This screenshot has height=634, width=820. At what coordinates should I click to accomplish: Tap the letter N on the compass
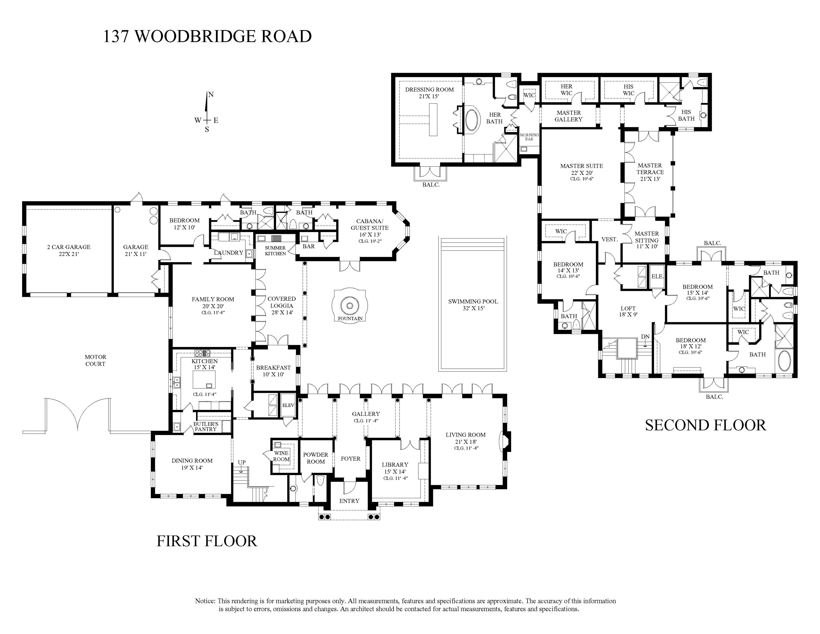(x=211, y=95)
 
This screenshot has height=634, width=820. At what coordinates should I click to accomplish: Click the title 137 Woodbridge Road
(x=207, y=36)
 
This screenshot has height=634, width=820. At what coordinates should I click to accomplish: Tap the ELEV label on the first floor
(x=288, y=405)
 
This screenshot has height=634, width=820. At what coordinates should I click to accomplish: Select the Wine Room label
(x=281, y=456)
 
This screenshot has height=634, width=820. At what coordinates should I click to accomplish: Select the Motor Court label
(x=95, y=360)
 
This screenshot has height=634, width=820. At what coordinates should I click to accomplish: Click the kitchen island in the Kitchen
(x=204, y=379)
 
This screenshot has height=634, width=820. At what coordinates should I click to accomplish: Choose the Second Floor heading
(x=705, y=425)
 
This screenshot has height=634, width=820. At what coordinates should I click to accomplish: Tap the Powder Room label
(x=315, y=458)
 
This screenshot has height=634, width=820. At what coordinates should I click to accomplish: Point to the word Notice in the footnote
(x=205, y=601)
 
